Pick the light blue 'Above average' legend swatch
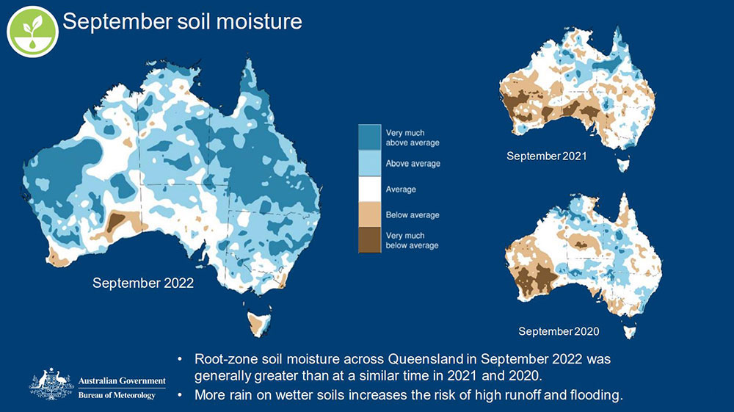pyautogui.click(x=368, y=163)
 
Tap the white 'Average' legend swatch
pyautogui.click(x=368, y=189)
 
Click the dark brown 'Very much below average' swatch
pyautogui.click(x=368, y=240)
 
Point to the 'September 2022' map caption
pyautogui.click(x=143, y=283)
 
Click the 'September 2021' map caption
pyautogui.click(x=546, y=156)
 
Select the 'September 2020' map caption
pyautogui.click(x=559, y=331)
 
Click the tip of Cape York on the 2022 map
pyautogui.click(x=250, y=63)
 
